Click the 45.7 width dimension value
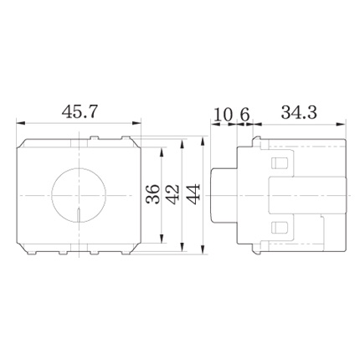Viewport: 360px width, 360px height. click(80, 112)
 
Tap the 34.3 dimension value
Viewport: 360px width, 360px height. click(299, 112)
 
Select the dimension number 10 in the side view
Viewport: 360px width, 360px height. click(224, 115)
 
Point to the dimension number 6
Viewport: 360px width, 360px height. click(244, 115)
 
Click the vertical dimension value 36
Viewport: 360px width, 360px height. click(154, 194)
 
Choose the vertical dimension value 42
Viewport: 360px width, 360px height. click(173, 194)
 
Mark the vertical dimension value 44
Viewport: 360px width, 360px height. click(193, 194)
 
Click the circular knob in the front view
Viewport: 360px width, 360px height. click(79, 195)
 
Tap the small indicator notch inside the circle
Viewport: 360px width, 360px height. click(79, 216)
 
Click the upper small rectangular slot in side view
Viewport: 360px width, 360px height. click(280, 163)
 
